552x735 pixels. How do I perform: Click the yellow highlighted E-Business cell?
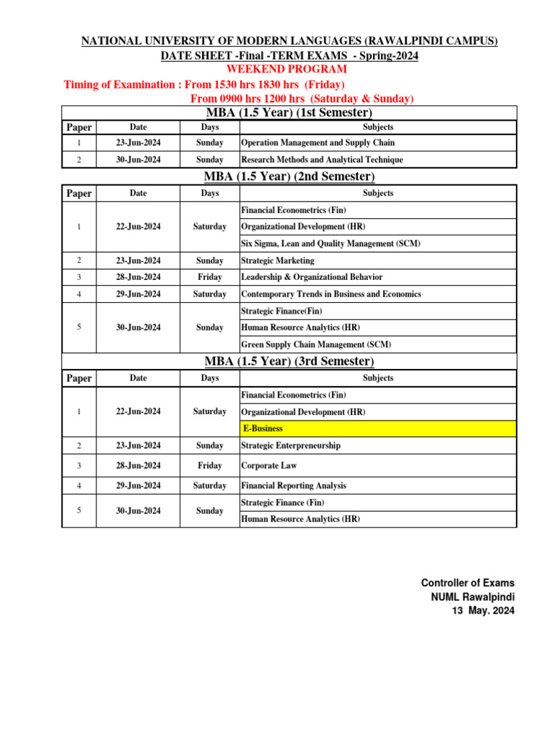[x=377, y=429]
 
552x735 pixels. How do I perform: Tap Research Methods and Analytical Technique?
[x=322, y=160]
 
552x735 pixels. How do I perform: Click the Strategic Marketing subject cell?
[x=277, y=261]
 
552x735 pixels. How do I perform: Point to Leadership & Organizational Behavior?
[x=312, y=277]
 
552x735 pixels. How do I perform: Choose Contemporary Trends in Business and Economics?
[x=331, y=294]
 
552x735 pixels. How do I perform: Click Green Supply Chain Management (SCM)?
[x=316, y=345]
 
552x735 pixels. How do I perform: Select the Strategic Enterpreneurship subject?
[x=291, y=446]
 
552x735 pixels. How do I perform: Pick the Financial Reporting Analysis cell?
[x=294, y=486]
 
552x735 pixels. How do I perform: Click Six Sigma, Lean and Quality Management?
[x=331, y=244]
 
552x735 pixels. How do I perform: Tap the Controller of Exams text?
[x=467, y=583]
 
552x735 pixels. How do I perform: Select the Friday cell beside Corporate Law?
[x=210, y=466]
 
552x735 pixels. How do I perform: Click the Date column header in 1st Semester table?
[x=138, y=127]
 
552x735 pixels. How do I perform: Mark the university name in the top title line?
[x=289, y=42]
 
